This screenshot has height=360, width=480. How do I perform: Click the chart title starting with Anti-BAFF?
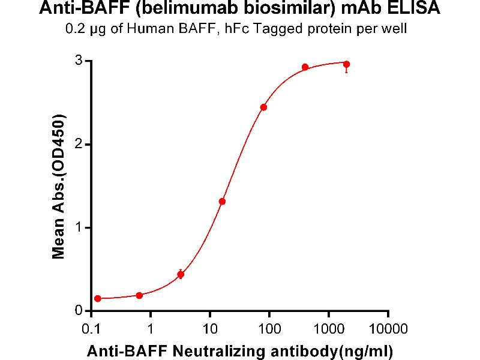point(239,9)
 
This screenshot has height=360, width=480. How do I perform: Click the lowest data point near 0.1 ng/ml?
point(98,298)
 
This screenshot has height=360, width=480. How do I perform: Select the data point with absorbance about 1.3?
point(222,202)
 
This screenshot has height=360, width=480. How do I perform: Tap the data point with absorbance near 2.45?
point(263,107)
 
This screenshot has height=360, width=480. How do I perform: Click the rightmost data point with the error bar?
point(346,64)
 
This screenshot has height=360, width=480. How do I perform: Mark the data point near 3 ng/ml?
point(181,274)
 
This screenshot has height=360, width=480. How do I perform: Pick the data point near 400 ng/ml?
point(305,67)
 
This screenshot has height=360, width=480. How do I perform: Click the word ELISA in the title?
point(416,9)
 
